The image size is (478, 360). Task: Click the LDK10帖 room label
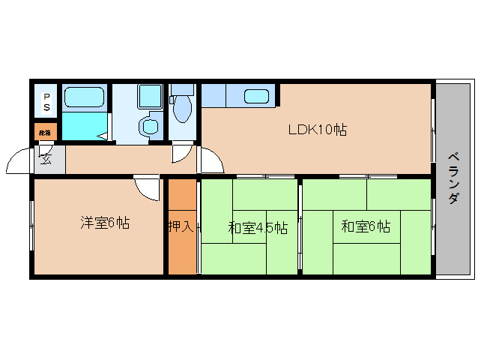click(x=317, y=130)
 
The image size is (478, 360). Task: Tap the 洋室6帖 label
click(x=105, y=223)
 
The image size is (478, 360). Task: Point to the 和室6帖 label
click(x=366, y=226)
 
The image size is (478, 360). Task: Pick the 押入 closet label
click(x=181, y=225)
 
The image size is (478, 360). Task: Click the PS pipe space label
click(x=46, y=103)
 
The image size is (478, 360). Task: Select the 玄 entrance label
click(x=46, y=158)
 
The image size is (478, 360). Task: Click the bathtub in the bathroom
click(x=83, y=97)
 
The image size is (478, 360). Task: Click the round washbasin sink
click(x=151, y=124)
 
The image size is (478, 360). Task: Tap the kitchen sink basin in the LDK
click(x=257, y=96)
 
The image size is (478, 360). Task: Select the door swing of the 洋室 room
click(x=147, y=187)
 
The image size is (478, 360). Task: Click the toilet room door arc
click(x=181, y=154)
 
